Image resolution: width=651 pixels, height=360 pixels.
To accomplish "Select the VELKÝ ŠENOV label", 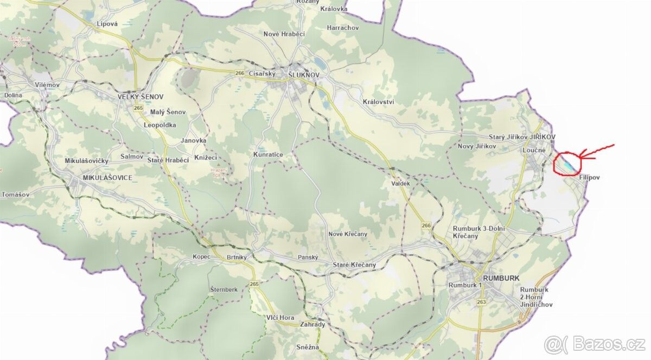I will pos(141,97).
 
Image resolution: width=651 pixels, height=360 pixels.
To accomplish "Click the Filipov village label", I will pos(590,177).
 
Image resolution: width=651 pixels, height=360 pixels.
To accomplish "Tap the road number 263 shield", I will pos(481,302).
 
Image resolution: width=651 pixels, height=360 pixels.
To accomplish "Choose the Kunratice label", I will pos(268,155).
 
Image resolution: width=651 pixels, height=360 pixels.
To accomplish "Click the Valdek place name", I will pos(400,184).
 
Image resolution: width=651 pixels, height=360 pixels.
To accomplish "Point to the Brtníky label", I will pos(238,256).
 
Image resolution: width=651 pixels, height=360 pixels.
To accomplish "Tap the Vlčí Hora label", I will pos(280,317).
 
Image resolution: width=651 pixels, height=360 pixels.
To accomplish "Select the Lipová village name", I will pos(107,24).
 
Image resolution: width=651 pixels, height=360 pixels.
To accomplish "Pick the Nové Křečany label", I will pos(348,234).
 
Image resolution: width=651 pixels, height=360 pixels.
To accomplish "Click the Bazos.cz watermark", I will pos(595,344).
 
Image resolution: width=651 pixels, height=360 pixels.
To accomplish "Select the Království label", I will pos(378,102).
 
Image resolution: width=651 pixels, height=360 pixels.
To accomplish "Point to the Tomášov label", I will pos(15,194).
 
